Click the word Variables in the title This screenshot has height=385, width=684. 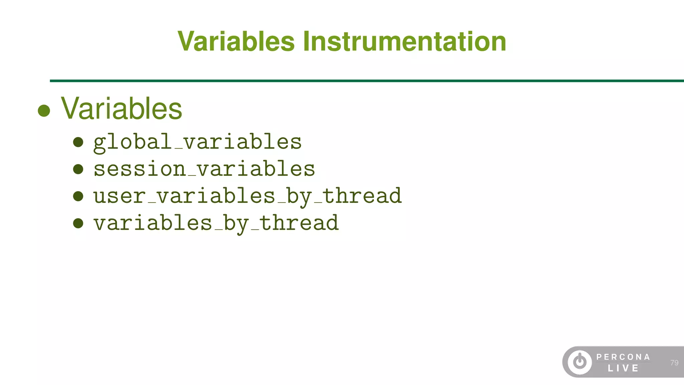pos(236,41)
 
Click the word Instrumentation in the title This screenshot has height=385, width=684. pos(404,41)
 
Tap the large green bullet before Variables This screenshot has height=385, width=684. pos(44,111)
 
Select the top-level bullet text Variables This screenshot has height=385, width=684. pos(121,109)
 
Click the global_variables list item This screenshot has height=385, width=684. pos(197,142)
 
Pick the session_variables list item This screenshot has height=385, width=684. pos(204,169)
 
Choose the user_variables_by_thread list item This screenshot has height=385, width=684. pos(247,196)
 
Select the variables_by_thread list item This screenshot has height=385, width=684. pos(216,223)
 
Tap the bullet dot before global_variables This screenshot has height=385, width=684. pos(78,142)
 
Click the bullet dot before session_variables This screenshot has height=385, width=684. pos(78,169)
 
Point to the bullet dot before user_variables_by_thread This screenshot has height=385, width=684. pos(78,196)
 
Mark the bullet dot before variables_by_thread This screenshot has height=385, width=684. pos(78,223)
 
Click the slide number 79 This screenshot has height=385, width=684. pos(674,363)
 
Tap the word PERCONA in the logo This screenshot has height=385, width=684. pos(623,357)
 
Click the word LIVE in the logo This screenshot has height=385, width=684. pos(623,368)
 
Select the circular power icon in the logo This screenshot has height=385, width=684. pos(580,362)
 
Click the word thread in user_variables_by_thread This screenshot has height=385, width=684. pos(362,196)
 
